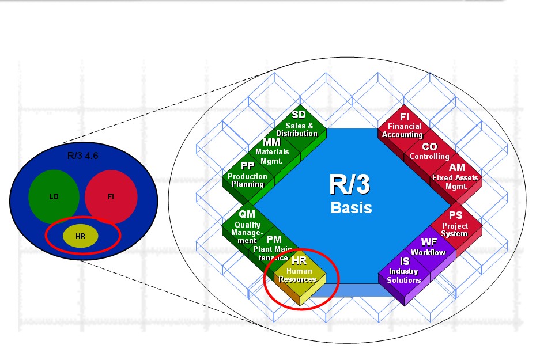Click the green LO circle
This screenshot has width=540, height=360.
tap(54, 196)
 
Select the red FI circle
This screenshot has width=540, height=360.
tap(111, 196)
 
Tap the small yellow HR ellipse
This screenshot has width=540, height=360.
tap(80, 236)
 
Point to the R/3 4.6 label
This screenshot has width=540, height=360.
tap(82, 156)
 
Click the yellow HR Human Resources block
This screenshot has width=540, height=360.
tap(300, 275)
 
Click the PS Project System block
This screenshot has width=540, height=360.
tap(456, 225)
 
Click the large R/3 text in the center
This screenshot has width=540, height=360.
tap(350, 184)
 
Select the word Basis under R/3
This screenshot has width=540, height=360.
tap(352, 207)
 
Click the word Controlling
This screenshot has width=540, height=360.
tap(429, 156)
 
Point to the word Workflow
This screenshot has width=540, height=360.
tap(428, 252)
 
